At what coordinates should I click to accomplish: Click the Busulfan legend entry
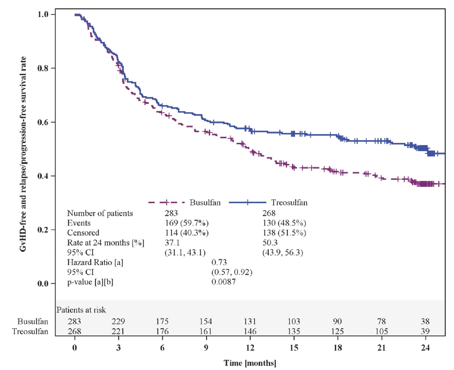click(x=205, y=203)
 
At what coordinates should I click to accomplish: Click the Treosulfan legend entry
click(x=289, y=203)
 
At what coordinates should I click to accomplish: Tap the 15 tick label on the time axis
click(x=294, y=348)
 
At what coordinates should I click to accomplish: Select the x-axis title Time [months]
click(x=250, y=363)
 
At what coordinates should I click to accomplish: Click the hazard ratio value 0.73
click(x=219, y=262)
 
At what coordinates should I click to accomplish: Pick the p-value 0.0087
click(x=223, y=282)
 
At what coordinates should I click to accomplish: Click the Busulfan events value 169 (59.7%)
click(x=187, y=223)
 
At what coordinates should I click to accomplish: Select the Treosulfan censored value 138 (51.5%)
click(x=284, y=233)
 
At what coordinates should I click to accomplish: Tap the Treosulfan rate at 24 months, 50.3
click(x=270, y=243)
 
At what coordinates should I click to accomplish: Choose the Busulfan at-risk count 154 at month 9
click(x=206, y=322)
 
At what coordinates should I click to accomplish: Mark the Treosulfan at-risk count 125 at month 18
click(x=337, y=331)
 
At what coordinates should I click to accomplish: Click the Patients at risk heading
click(x=81, y=310)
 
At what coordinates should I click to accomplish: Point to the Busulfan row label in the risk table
click(x=33, y=322)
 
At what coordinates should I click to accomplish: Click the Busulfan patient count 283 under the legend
click(x=171, y=213)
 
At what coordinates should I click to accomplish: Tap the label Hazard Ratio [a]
click(x=95, y=262)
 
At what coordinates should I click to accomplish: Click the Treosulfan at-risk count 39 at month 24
click(x=425, y=331)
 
